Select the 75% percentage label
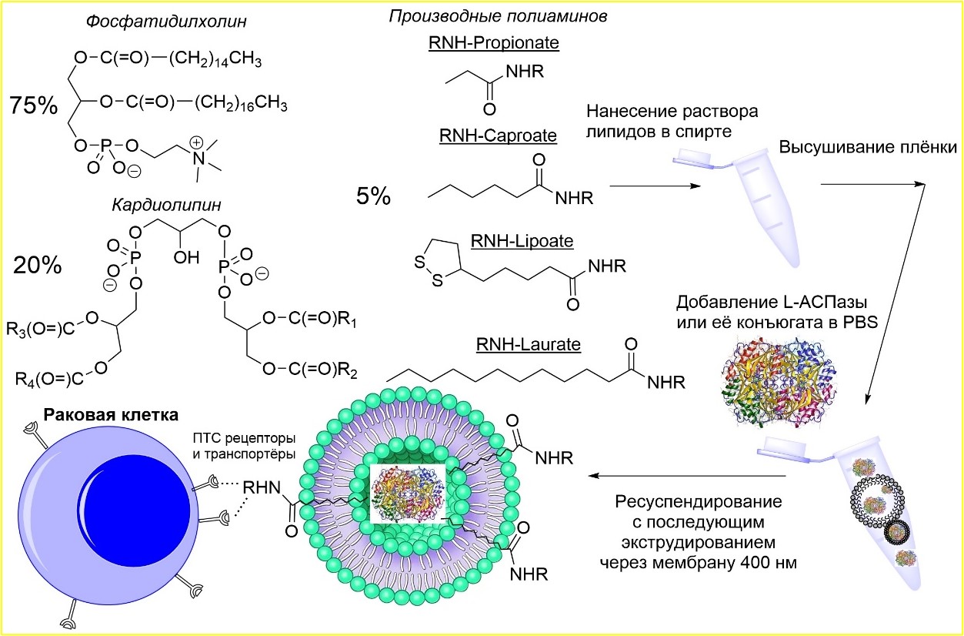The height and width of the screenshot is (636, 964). coord(34,106)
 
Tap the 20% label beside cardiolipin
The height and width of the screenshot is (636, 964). coord(37,266)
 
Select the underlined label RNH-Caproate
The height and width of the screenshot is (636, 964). coord(497,136)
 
